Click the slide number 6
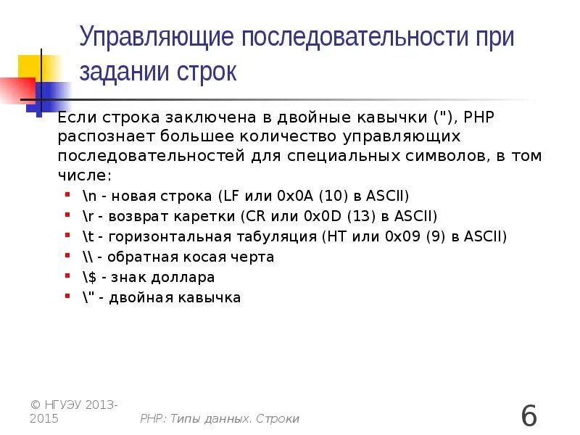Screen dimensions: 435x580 [529, 417]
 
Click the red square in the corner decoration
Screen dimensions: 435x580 [16, 90]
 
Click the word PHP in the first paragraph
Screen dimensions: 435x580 [479, 117]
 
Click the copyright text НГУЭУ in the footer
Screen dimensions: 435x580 [64, 405]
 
